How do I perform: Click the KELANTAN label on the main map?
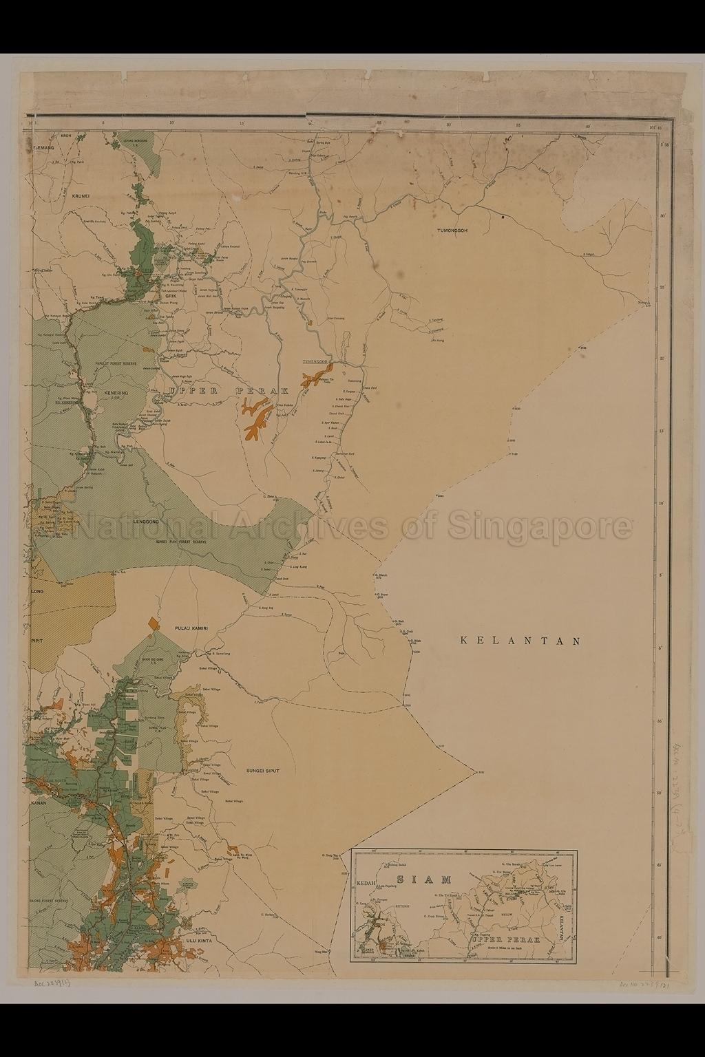(520, 641)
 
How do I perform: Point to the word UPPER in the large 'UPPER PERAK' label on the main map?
(191, 391)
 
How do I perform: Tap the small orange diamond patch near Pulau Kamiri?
(154, 623)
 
